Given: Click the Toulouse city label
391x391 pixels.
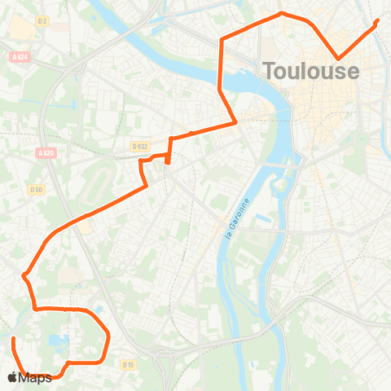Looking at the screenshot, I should pyautogui.click(x=310, y=71).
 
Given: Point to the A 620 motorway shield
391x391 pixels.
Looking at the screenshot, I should pyautogui.click(x=45, y=153).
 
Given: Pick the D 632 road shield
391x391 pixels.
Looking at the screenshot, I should pyautogui.click(x=139, y=147).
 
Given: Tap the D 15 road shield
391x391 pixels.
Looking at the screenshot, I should pyautogui.click(x=128, y=365).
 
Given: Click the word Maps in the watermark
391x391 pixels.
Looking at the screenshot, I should pyautogui.click(x=37, y=377).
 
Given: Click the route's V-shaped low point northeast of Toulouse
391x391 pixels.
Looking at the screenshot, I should pyautogui.click(x=339, y=58).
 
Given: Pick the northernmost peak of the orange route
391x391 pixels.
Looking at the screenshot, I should pyautogui.click(x=281, y=13).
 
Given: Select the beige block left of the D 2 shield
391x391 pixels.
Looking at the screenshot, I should pyautogui.click(x=20, y=29).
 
